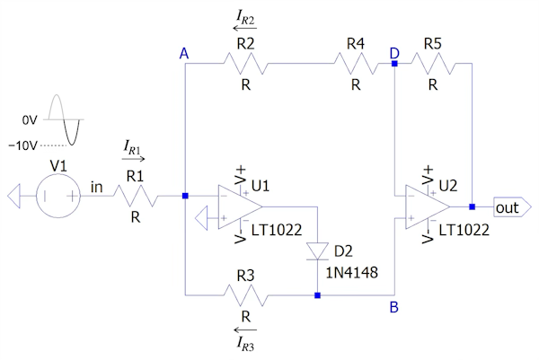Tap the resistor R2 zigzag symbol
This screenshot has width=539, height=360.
tap(244, 63)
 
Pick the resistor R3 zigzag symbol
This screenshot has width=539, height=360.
tap(244, 294)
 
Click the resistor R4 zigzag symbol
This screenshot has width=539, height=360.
tap(356, 63)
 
